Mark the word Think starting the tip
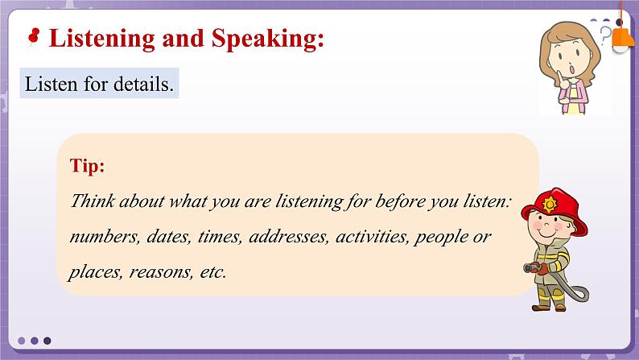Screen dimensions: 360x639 tap(91, 201)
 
